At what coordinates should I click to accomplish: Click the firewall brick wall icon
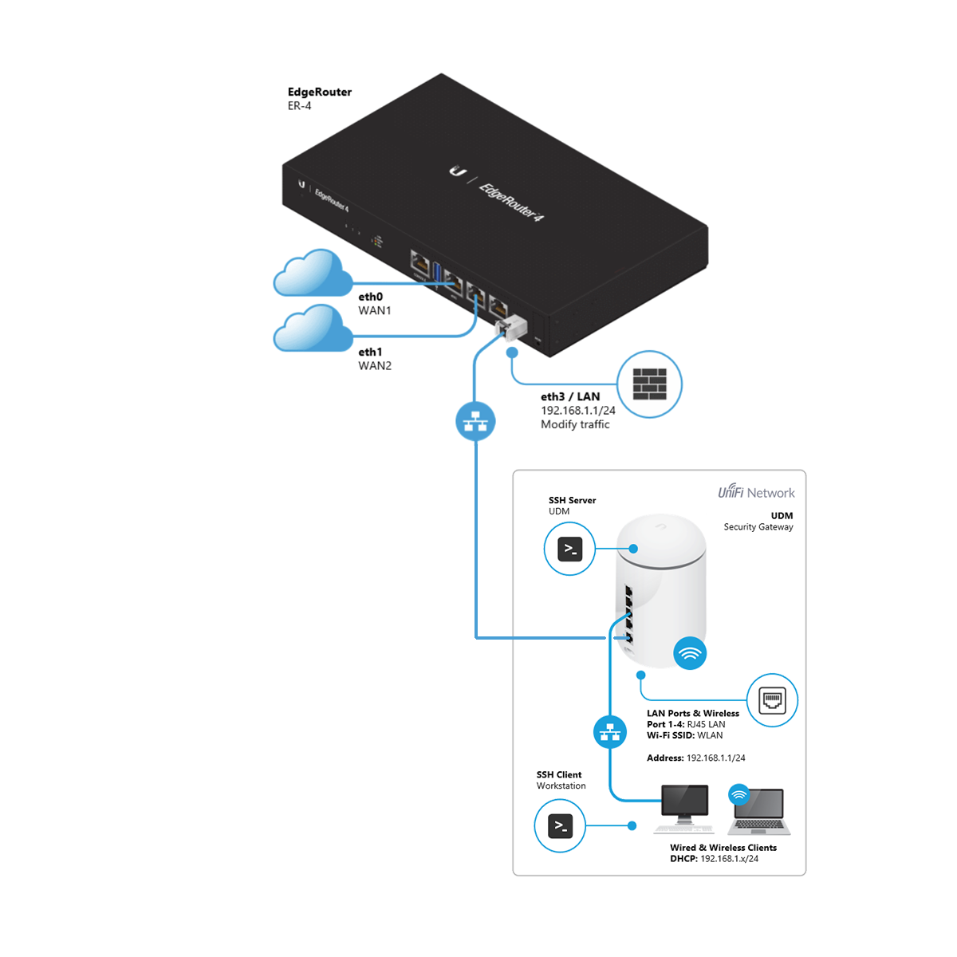coord(649,384)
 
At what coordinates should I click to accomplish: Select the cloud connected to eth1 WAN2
coord(313,329)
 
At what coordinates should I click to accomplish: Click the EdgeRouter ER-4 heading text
coord(319,93)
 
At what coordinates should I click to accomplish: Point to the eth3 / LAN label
coord(570,396)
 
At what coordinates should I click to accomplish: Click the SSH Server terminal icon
coord(569,549)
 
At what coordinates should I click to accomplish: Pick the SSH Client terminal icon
coord(560,826)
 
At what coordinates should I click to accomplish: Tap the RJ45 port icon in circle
coord(772,700)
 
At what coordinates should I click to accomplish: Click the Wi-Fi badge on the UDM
coord(690,653)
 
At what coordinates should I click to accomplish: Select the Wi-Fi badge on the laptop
coord(739,794)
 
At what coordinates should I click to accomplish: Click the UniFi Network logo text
coord(756,493)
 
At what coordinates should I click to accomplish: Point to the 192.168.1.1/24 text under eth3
coord(578,411)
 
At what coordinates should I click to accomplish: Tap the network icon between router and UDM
coord(475,421)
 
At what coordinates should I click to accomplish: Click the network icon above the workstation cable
coord(610,731)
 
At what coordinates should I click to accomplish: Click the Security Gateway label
coord(758,527)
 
